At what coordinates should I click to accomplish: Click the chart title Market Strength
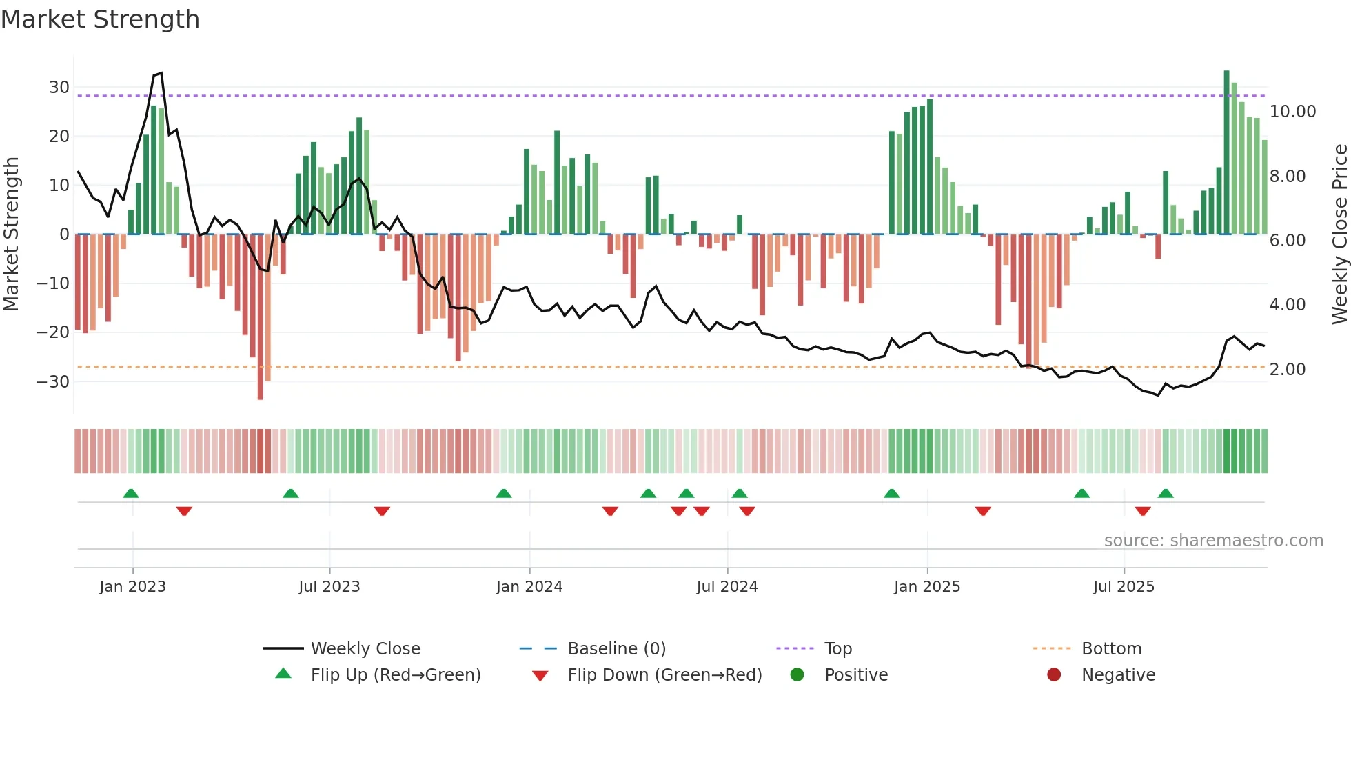[100, 19]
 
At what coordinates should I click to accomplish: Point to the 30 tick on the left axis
[59, 88]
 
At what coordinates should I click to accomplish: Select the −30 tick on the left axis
[53, 381]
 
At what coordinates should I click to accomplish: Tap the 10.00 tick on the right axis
[1292, 112]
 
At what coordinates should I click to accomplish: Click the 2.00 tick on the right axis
[1287, 369]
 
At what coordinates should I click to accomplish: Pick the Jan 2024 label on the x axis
[529, 587]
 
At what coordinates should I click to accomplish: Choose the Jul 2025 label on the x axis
[1123, 587]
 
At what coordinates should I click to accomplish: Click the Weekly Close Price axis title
[1339, 234]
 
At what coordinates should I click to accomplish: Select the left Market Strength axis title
[11, 234]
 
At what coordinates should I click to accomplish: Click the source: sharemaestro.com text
[1213, 541]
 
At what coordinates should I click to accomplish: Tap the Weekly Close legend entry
[365, 649]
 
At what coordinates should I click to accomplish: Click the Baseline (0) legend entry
[616, 649]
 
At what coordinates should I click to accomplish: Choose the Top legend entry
[837, 649]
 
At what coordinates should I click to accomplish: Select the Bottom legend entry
[1111, 649]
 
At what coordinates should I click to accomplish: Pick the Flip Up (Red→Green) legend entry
[395, 675]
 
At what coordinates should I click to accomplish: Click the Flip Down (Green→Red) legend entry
[664, 675]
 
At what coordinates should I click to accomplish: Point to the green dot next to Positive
[797, 675]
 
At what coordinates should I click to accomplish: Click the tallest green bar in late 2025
[1226, 152]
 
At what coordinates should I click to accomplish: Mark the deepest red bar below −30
[260, 317]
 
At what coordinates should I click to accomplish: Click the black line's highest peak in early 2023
[161, 73]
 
